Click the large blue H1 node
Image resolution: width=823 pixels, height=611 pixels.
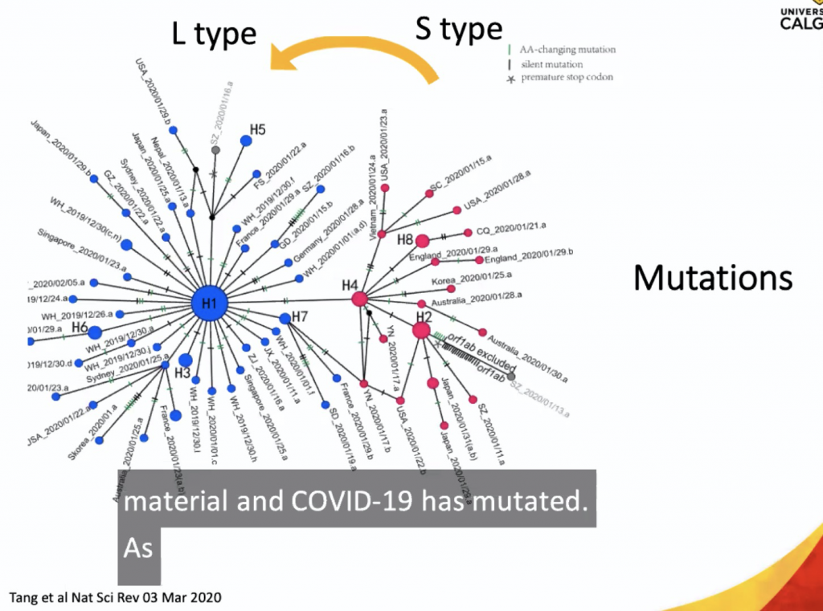click(x=210, y=303)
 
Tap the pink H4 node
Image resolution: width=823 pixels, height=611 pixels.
click(x=359, y=299)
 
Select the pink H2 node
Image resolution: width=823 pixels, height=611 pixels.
click(x=422, y=330)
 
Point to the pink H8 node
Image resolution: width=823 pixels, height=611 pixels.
click(x=422, y=240)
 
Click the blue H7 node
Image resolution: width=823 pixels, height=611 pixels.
click(x=285, y=318)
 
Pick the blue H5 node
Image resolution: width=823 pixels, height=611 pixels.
click(x=246, y=141)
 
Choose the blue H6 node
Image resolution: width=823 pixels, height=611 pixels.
click(x=95, y=332)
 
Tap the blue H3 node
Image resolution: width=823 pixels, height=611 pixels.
click(x=186, y=360)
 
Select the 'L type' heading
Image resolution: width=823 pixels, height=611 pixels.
click(x=214, y=34)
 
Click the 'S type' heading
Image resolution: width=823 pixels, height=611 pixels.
click(x=458, y=29)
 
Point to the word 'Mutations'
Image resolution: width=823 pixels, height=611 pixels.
click(x=713, y=278)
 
